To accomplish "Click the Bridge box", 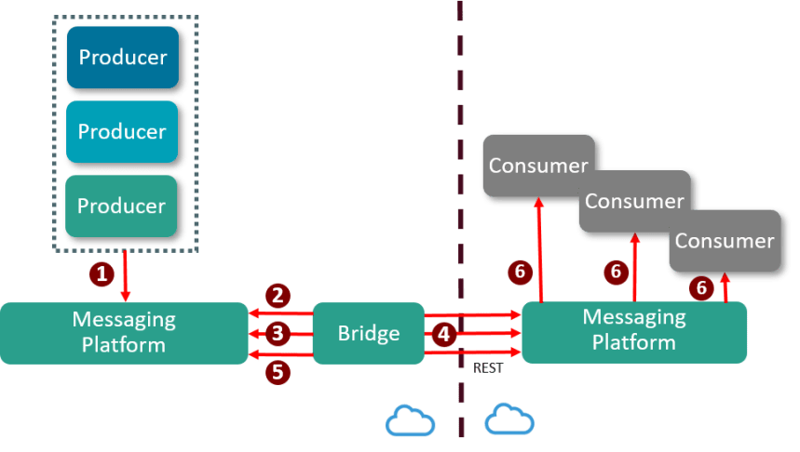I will coord(369,333).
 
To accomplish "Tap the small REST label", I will coord(488,368).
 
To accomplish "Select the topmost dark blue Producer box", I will coord(122,58).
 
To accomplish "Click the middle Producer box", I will coord(122,132).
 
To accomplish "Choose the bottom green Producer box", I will coord(122,206).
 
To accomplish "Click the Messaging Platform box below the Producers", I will coord(124,332).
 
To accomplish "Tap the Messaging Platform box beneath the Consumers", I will coord(634,330).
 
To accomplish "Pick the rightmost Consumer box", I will coord(725,242).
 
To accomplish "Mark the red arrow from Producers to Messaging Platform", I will coord(124,275).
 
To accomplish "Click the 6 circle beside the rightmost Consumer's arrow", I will coord(703,288).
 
